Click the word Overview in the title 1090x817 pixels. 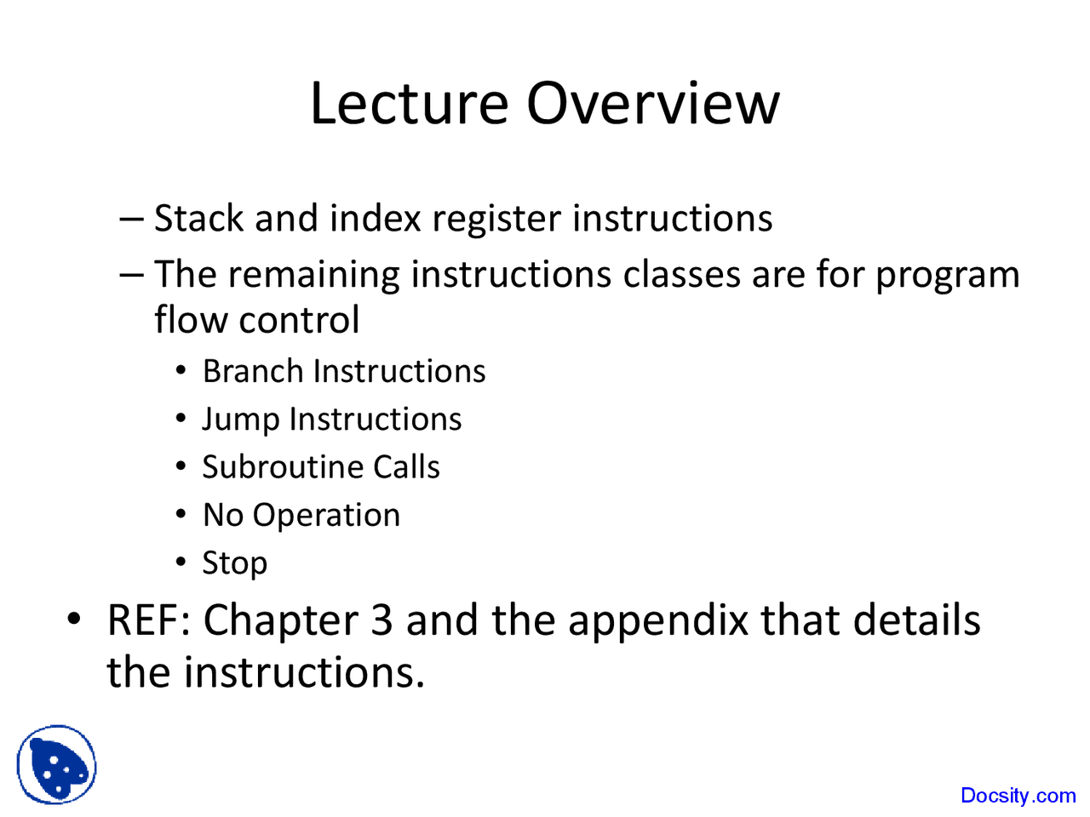(652, 104)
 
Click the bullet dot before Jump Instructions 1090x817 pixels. (181, 420)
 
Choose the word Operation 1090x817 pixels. (326, 517)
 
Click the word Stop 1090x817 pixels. (234, 563)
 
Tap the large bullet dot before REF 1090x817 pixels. (75, 619)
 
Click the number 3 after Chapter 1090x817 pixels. (381, 620)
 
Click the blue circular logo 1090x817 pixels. (56, 764)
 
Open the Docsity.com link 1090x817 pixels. (1018, 796)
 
